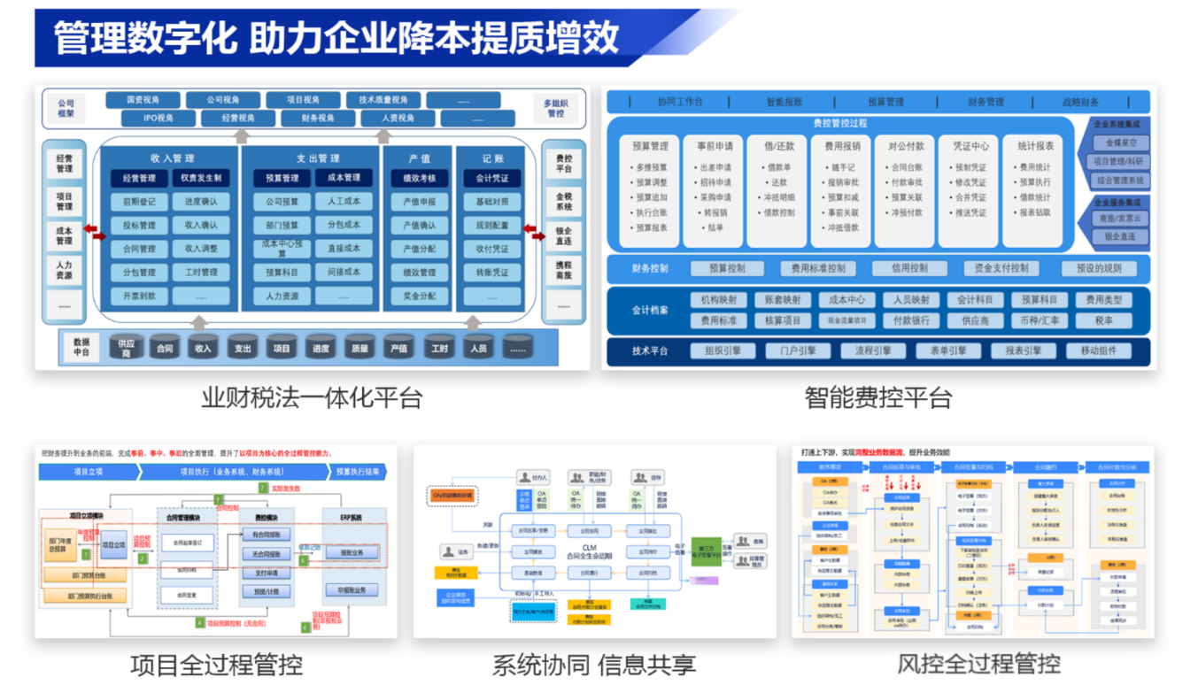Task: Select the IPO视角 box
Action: pyautogui.click(x=159, y=118)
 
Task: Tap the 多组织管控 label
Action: pyautogui.click(x=555, y=108)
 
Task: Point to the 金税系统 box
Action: pyautogui.click(x=563, y=201)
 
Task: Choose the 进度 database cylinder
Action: pyautogui.click(x=320, y=348)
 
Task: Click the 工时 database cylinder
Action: pyautogui.click(x=439, y=348)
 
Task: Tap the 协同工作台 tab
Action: pyautogui.click(x=679, y=102)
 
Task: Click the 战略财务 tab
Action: pyautogui.click(x=1080, y=102)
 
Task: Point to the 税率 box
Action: pyautogui.click(x=1102, y=320)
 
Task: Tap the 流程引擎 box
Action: pyautogui.click(x=872, y=350)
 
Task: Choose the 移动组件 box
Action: pyautogui.click(x=1098, y=350)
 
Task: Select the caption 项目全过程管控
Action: pyautogui.click(x=216, y=664)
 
